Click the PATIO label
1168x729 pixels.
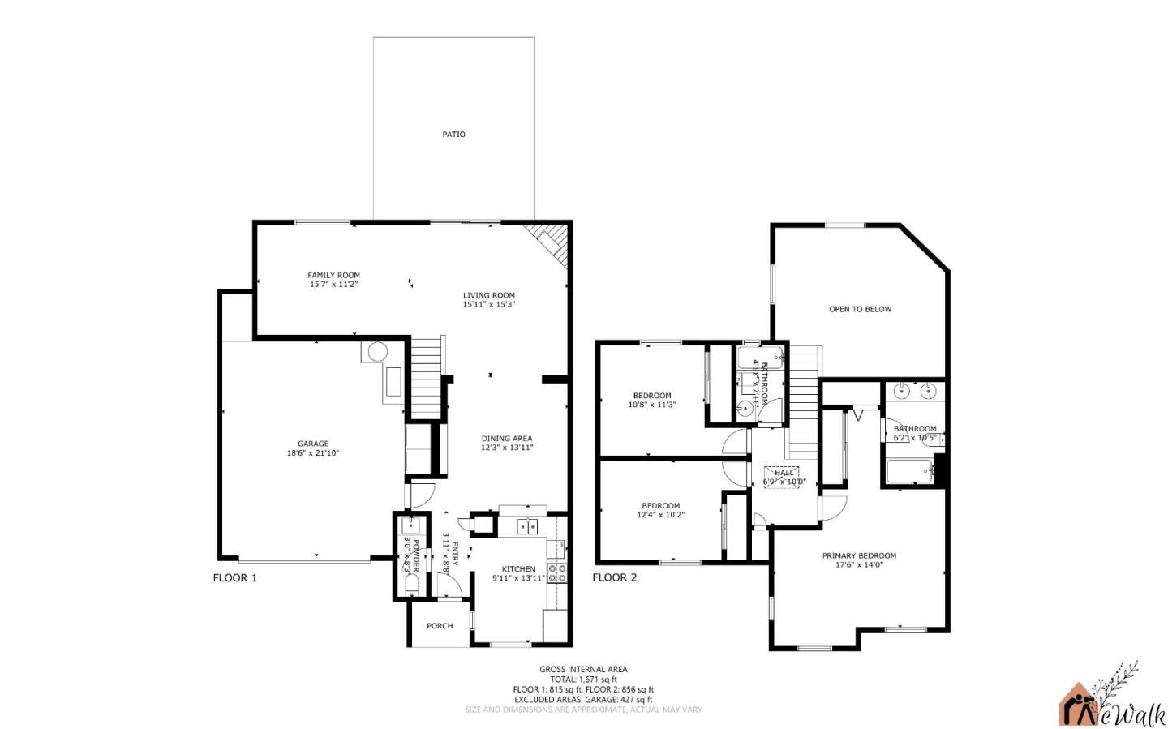click(x=453, y=135)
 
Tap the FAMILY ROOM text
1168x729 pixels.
click(x=333, y=276)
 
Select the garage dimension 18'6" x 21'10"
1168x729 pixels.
click(x=312, y=453)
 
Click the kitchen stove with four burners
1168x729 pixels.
click(x=557, y=573)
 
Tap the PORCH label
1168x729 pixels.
click(x=440, y=626)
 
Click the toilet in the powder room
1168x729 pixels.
click(x=411, y=584)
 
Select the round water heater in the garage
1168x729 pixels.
click(x=377, y=353)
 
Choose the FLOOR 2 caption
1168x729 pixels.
click(x=614, y=578)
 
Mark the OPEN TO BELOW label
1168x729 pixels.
click(x=860, y=309)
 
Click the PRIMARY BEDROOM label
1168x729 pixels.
click(x=859, y=556)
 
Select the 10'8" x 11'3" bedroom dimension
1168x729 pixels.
click(x=652, y=405)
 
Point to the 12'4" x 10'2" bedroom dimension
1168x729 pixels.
click(x=660, y=514)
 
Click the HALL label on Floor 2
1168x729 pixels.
click(x=784, y=473)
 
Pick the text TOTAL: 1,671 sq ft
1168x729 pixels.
click(x=583, y=680)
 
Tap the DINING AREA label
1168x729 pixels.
click(x=506, y=439)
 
